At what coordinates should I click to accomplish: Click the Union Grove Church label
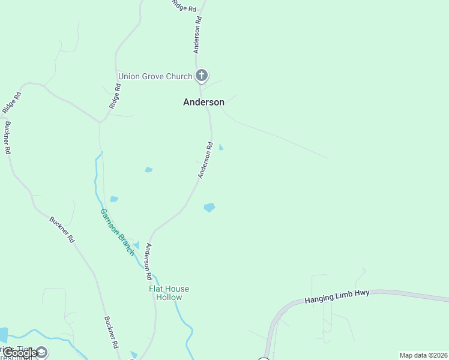click(x=155, y=76)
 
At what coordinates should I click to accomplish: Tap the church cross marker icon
click(x=202, y=76)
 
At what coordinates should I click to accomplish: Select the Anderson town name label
click(x=203, y=102)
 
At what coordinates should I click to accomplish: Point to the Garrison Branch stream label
click(x=117, y=232)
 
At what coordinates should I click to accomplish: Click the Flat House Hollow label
click(x=169, y=293)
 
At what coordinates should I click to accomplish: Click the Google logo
click(x=20, y=353)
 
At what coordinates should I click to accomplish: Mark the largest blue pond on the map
click(x=209, y=208)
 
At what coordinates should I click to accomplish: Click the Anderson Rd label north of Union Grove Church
click(x=197, y=35)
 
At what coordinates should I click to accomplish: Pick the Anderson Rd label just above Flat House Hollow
click(x=148, y=262)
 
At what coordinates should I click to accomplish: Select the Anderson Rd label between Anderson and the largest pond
click(x=206, y=160)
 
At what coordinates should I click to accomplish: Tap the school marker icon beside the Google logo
click(x=41, y=352)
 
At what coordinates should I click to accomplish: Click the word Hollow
click(x=169, y=297)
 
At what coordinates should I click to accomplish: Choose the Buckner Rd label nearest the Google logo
click(x=110, y=333)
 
